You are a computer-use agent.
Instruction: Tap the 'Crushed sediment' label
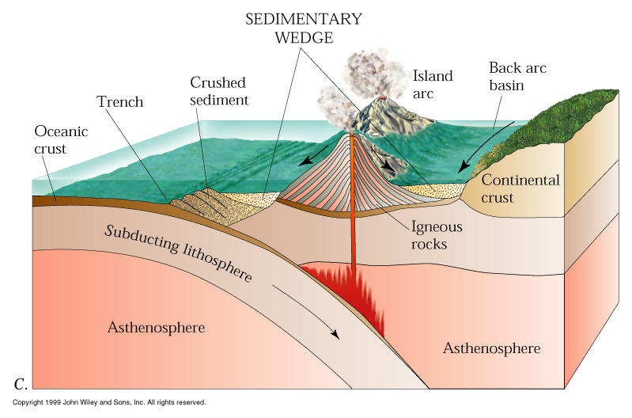pos(219,91)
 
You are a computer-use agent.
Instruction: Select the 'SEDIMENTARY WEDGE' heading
pos(292,28)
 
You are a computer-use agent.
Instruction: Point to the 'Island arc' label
pos(433,85)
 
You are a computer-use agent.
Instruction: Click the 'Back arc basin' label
pos(517,76)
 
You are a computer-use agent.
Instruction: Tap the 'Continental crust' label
pos(520,188)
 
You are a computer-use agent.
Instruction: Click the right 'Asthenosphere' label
pos(491,348)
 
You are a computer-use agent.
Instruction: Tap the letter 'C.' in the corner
pos(21,385)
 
